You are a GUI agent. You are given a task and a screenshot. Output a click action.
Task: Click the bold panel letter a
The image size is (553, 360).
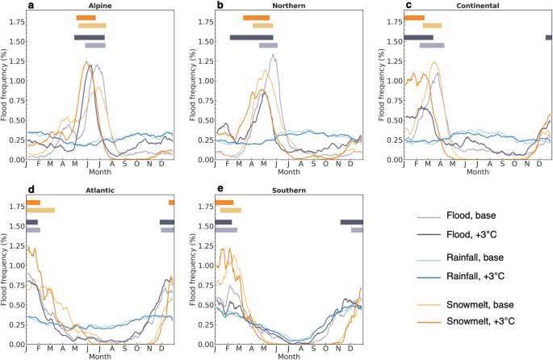click(x=31, y=6)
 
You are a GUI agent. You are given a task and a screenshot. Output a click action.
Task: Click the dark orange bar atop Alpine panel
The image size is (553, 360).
click(x=86, y=18)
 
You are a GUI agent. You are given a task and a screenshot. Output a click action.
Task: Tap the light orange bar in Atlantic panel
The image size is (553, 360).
click(x=40, y=211)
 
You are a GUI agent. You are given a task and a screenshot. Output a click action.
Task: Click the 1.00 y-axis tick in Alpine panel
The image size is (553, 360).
click(x=15, y=81)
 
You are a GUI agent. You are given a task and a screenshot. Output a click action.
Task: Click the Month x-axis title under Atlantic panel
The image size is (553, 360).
click(x=100, y=356)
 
